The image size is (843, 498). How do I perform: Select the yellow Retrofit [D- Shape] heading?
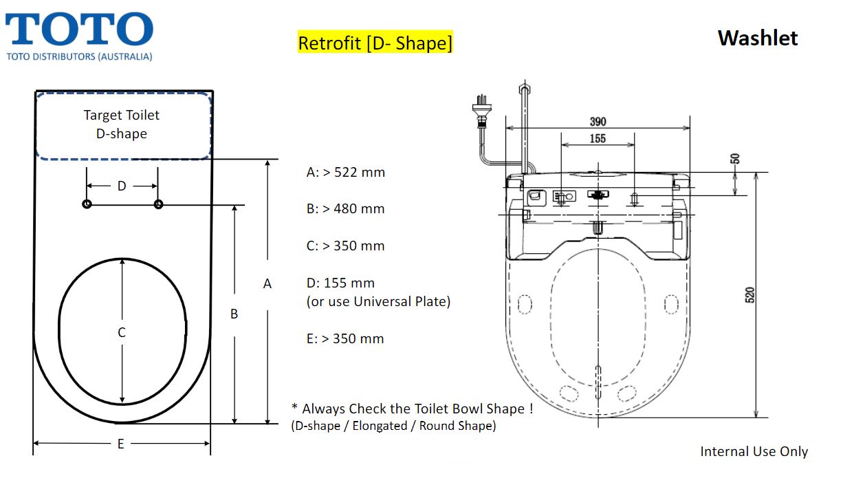point(375,43)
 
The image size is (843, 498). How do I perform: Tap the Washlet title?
point(758,38)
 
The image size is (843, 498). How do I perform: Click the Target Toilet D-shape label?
point(122,124)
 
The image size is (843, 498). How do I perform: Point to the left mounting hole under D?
point(87,204)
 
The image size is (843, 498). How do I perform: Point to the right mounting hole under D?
point(159,204)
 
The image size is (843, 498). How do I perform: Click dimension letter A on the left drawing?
point(267,283)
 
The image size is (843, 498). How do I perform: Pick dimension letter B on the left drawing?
point(234,314)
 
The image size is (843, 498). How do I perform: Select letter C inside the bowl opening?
point(122,332)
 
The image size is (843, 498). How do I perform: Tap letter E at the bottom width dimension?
point(121,444)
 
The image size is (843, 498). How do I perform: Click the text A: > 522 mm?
point(345,172)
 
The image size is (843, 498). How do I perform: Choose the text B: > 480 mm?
point(345,208)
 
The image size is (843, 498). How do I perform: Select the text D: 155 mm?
point(340,283)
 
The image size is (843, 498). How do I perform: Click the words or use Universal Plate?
point(378,301)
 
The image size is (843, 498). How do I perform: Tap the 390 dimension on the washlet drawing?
point(598,122)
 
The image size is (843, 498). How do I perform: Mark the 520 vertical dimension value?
point(750,294)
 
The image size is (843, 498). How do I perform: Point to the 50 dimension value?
point(735,159)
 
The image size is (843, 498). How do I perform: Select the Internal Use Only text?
point(754,452)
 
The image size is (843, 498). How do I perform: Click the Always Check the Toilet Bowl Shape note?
point(413,409)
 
